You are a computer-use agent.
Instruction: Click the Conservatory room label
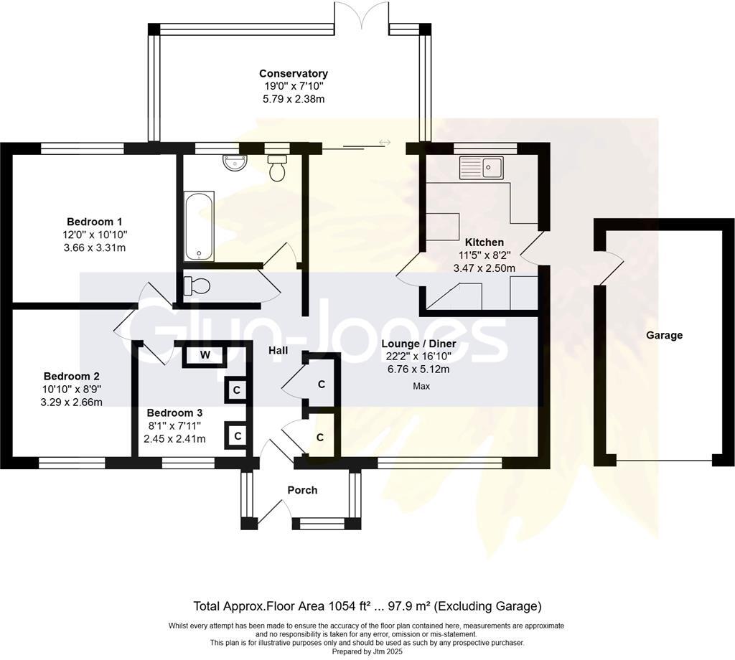click(x=294, y=74)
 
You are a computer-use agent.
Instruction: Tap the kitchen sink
click(x=482, y=168)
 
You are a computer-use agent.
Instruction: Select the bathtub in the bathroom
click(x=200, y=227)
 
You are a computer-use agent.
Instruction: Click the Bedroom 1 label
click(x=95, y=222)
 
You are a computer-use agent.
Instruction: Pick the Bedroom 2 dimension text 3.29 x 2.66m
click(x=72, y=402)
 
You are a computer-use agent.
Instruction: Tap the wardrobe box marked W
click(x=205, y=355)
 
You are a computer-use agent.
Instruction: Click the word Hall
click(x=278, y=350)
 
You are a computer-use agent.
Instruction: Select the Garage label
click(x=664, y=336)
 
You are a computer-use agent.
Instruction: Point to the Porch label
click(x=302, y=490)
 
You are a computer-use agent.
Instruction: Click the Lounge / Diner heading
click(x=418, y=344)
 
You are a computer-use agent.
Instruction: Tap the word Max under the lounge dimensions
click(x=421, y=386)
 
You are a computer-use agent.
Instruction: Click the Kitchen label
click(x=484, y=242)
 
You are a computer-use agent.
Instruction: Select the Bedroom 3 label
click(x=174, y=412)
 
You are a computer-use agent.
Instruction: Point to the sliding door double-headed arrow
click(x=385, y=141)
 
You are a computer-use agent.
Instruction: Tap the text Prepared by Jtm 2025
click(x=367, y=651)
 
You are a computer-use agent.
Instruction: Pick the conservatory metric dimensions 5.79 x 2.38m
click(x=294, y=99)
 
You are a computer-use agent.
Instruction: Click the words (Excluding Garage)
click(x=487, y=606)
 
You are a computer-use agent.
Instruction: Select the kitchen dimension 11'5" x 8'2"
click(x=484, y=255)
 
